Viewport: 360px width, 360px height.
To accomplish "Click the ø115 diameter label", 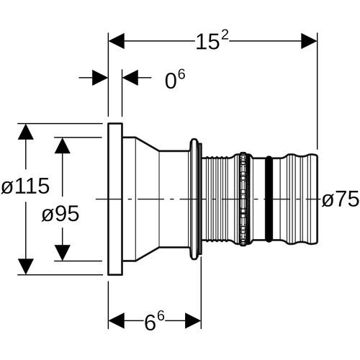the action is tap(25, 186).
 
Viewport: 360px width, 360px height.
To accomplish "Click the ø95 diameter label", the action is tap(60, 214).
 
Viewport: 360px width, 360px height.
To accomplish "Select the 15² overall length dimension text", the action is tap(212, 41).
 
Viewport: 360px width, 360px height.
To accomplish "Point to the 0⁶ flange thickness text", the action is tap(175, 79).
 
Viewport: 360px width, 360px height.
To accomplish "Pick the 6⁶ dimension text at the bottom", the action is tap(154, 321).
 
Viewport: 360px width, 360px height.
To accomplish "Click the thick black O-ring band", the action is tap(269, 199).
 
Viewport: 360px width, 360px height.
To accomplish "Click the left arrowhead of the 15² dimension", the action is tap(117, 41).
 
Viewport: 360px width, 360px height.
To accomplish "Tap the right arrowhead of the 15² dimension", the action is tap(309, 41).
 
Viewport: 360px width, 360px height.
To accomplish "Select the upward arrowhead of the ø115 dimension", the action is tap(26, 132).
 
